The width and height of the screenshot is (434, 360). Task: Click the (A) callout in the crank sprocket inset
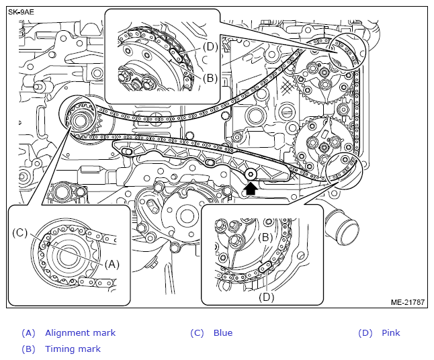click(112, 264)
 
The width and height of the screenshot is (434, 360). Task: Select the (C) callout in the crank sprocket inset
click(20, 233)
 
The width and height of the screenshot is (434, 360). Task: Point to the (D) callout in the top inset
click(210, 46)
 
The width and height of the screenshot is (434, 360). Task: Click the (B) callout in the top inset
click(210, 78)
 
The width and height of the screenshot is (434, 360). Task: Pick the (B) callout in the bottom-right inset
click(266, 237)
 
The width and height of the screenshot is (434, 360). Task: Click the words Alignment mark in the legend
click(80, 333)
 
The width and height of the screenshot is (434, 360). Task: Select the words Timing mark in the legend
click(73, 349)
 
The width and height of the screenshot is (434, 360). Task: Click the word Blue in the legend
click(222, 333)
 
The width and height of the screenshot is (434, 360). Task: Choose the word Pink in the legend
click(390, 333)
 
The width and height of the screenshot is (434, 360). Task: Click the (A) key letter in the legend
click(28, 333)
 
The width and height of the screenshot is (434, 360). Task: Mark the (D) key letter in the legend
click(365, 333)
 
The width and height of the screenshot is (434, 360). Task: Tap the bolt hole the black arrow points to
click(251, 174)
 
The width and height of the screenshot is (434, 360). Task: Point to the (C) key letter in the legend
click(197, 333)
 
